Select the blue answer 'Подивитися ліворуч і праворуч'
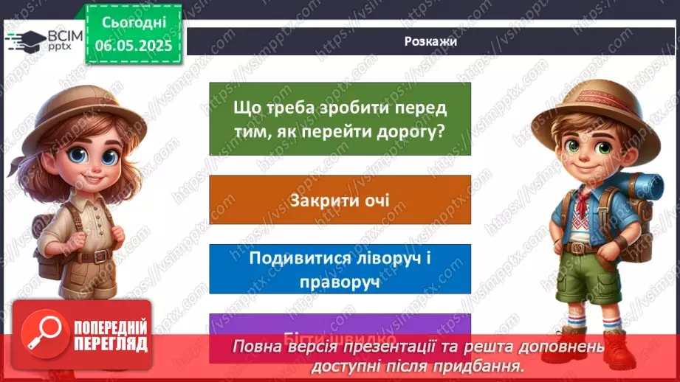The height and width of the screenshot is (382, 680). pyautogui.click(x=340, y=269)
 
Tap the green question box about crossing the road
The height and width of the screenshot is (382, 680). pyautogui.click(x=340, y=118)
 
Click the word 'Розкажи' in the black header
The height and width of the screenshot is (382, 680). pyautogui.click(x=430, y=41)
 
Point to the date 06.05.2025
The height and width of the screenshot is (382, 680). pyautogui.click(x=132, y=46)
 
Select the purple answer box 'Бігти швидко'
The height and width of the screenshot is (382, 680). pyautogui.click(x=340, y=324)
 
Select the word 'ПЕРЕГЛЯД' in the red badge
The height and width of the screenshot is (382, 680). pyautogui.click(x=109, y=344)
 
